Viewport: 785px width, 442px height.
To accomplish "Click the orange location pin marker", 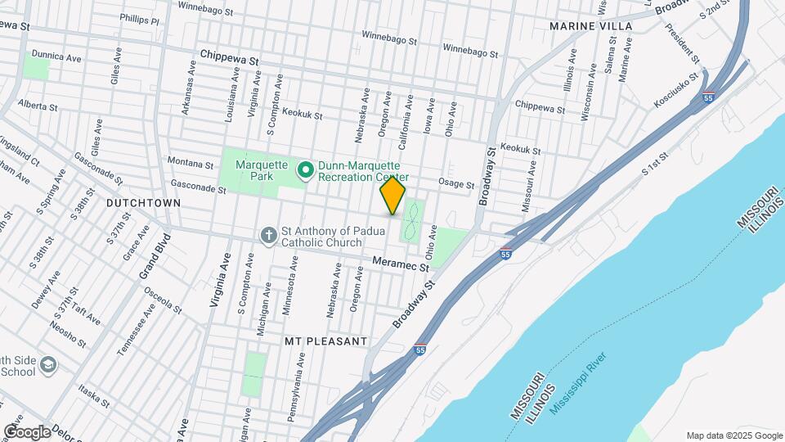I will click(x=392, y=196).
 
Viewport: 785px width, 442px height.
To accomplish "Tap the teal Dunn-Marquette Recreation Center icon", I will click(x=307, y=170).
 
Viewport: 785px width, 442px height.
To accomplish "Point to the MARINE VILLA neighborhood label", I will click(x=590, y=26).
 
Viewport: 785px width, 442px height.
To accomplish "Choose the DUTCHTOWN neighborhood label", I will click(x=137, y=201).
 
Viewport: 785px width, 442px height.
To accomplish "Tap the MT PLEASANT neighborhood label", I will click(x=324, y=339).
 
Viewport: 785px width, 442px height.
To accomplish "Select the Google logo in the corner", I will click(x=27, y=431).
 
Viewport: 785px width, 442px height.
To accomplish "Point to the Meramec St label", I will click(x=401, y=265).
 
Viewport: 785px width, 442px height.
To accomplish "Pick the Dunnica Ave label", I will click(x=56, y=57).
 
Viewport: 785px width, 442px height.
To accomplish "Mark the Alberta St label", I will click(x=38, y=106).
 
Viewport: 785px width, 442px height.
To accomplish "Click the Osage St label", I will click(x=456, y=184).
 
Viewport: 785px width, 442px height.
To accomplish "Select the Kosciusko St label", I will click(x=676, y=90).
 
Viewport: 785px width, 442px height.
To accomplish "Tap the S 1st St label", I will click(x=655, y=164).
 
